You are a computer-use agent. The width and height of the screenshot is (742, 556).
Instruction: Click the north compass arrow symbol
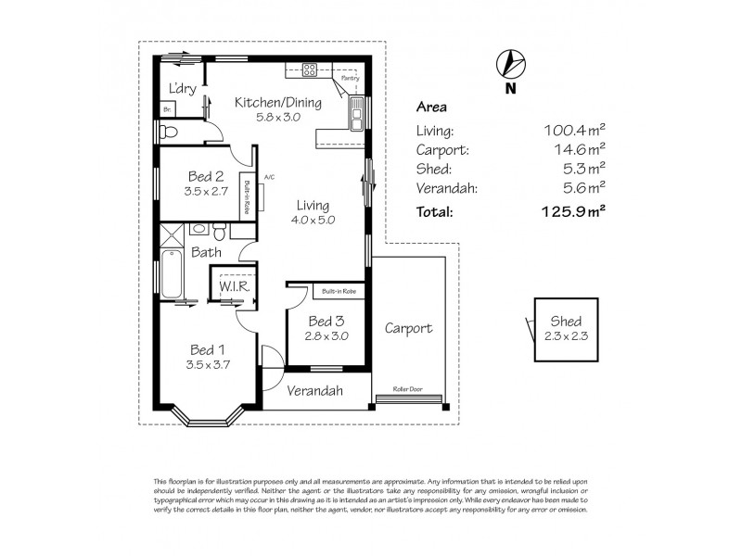point(508,63)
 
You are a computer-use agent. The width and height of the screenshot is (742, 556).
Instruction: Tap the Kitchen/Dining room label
point(278,103)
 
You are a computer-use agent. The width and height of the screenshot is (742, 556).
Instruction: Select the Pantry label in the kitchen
point(350,79)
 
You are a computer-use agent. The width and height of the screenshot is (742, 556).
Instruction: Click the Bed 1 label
point(208,349)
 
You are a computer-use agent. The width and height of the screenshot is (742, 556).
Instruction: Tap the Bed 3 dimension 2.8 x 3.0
point(326,336)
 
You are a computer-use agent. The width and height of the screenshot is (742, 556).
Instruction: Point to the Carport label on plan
point(409,329)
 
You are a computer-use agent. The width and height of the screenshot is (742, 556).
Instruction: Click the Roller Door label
point(408,389)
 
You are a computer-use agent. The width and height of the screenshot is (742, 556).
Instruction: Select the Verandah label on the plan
point(314,391)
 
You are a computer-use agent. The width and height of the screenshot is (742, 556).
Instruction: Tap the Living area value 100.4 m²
point(574,131)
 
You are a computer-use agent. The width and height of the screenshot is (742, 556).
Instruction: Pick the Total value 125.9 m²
point(573,210)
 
